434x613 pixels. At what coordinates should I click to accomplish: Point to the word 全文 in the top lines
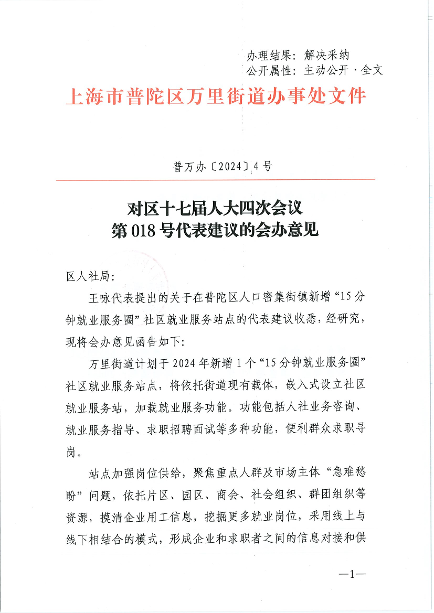coord(372,70)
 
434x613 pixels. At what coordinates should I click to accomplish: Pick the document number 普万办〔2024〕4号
coord(216,167)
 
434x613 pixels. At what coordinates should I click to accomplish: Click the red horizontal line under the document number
coord(216,180)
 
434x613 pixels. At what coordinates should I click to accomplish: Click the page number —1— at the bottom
coord(352,574)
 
